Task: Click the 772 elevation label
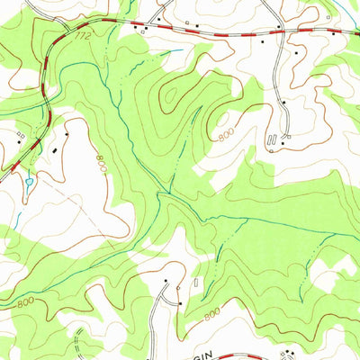point(84,37)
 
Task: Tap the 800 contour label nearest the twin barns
point(225,135)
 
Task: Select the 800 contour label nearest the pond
point(100,164)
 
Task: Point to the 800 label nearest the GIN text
point(211,314)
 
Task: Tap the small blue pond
point(30,183)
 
